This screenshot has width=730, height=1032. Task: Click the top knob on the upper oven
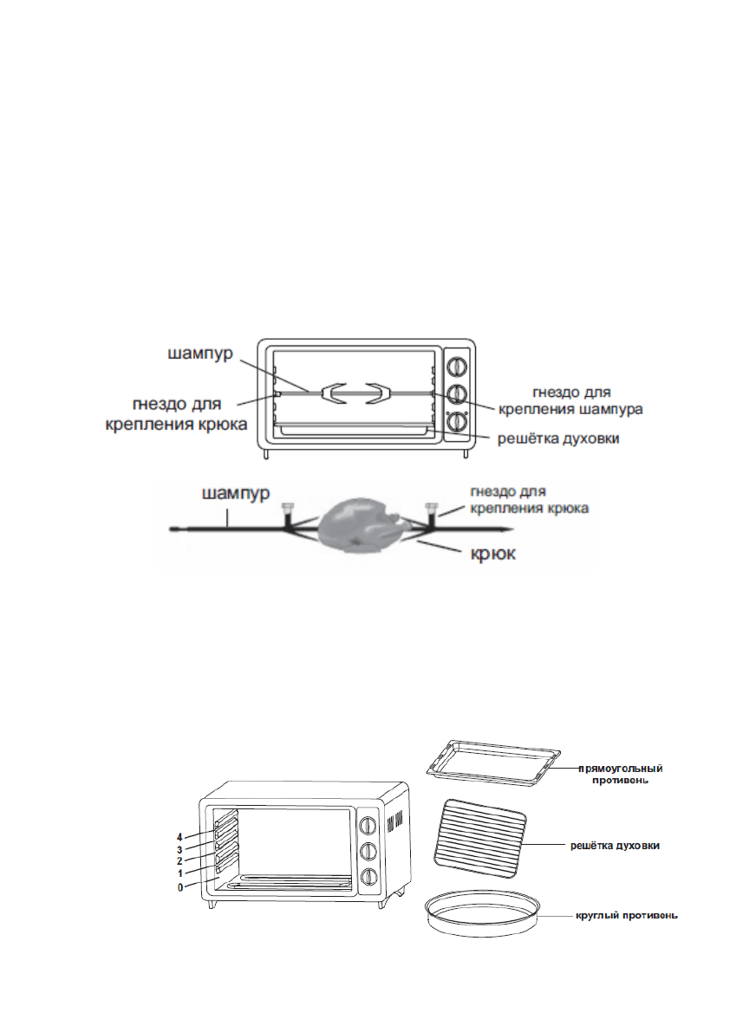456,366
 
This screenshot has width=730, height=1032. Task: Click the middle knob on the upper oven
456,393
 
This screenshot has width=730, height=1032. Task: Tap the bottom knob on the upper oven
456,420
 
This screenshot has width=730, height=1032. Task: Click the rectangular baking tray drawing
493,763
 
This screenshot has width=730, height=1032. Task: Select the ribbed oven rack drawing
480,834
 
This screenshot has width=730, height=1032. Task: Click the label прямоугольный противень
620,774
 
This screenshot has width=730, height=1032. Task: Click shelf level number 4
179,838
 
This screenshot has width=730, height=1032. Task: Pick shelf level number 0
179,887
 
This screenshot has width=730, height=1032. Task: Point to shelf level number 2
179,861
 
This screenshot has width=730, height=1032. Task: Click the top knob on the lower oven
368,825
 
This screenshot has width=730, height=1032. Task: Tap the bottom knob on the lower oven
368,876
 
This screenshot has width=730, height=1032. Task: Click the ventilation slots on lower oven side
394,822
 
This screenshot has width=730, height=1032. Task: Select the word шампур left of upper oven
201,354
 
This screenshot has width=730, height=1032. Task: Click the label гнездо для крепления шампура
570,401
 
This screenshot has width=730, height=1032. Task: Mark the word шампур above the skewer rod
237,494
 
